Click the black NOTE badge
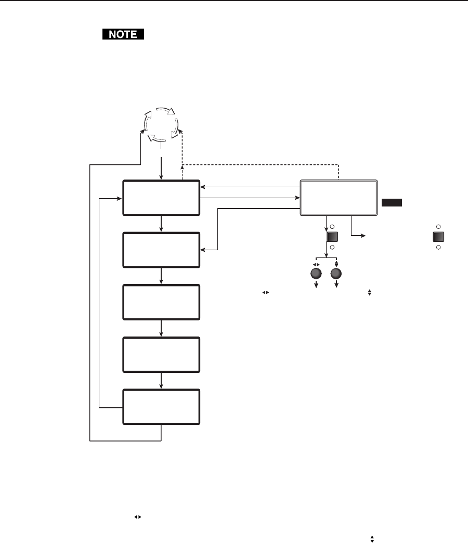122,35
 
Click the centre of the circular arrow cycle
162,125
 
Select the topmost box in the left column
161,198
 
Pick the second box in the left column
161,250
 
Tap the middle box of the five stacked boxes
161,302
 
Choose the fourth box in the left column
161,354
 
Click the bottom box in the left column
161,407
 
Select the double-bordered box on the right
339,198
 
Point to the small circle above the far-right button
438,227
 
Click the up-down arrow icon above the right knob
336,263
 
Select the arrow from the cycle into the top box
162,166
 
